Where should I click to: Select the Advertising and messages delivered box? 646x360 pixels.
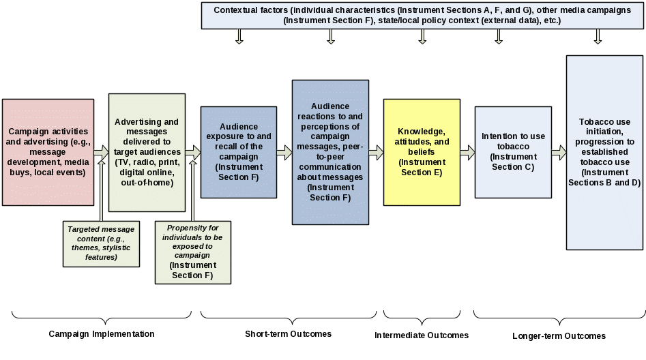point(147,152)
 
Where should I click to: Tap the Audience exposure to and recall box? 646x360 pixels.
point(238,151)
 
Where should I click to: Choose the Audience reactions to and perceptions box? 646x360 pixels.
point(330,152)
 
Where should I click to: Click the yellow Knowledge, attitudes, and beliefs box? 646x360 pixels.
point(422,151)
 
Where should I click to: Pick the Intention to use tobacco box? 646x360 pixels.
point(513,151)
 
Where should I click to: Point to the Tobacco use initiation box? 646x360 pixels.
point(604,152)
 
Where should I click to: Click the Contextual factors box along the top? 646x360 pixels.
point(422,16)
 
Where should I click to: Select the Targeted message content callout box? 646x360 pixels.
point(101,243)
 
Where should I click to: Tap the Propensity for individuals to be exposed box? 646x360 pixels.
point(193,251)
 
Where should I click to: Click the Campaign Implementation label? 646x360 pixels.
point(101,334)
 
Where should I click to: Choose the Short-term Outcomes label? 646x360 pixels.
point(288,334)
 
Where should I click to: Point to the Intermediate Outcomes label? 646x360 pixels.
point(422,335)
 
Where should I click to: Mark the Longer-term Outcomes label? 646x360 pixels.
point(559,336)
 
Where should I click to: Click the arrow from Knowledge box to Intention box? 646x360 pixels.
point(467,152)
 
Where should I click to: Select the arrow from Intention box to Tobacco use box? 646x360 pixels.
point(559,152)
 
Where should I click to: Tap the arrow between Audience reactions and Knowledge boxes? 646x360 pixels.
point(376,152)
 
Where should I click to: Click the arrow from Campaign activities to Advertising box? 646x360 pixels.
point(101,151)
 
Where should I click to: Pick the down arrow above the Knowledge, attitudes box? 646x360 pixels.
point(422,37)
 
